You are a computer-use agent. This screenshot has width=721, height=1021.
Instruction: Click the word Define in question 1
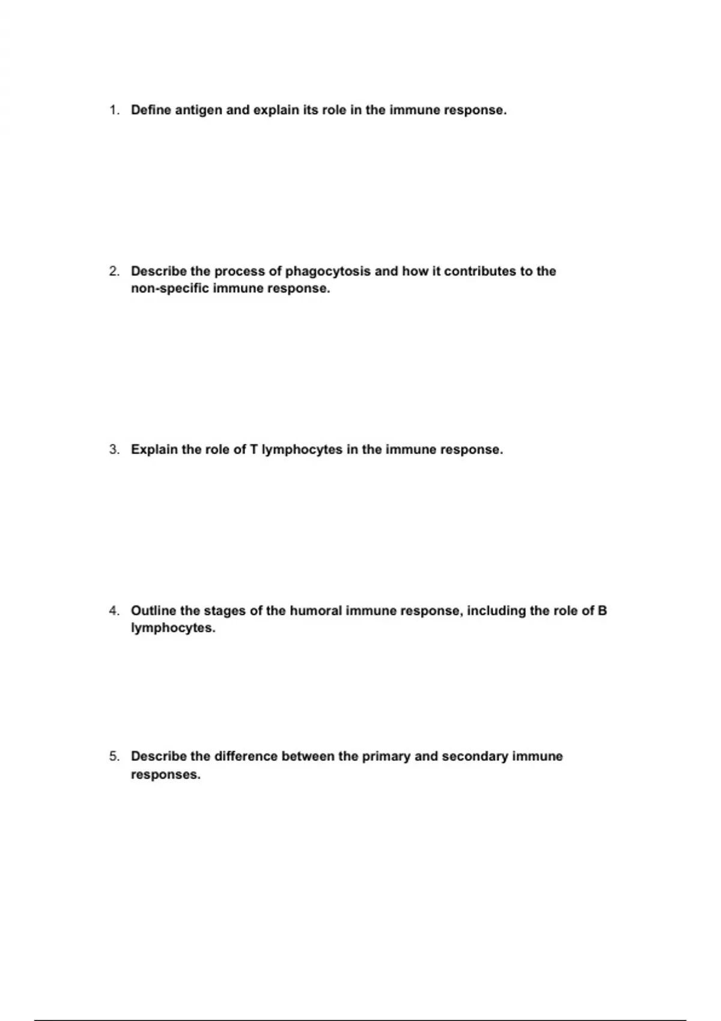pyautogui.click(x=151, y=111)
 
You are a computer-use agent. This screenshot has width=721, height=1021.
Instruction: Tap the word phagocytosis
pyautogui.click(x=327, y=271)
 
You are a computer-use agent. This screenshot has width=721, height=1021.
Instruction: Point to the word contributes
pyautogui.click(x=480, y=271)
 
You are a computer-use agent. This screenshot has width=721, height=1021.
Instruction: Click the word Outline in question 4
pyautogui.click(x=154, y=611)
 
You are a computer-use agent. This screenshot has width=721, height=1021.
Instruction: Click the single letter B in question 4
pyautogui.click(x=603, y=611)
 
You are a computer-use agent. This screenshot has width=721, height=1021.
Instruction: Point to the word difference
pyautogui.click(x=246, y=756)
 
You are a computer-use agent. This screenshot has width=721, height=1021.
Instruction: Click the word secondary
pyautogui.click(x=475, y=756)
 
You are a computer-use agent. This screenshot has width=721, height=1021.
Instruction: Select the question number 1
pyautogui.click(x=114, y=111)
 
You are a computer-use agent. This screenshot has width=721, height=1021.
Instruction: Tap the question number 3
pyautogui.click(x=114, y=450)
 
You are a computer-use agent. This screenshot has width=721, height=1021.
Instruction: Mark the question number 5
pyautogui.click(x=114, y=756)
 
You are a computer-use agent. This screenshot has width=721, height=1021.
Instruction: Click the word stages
pyautogui.click(x=225, y=611)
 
